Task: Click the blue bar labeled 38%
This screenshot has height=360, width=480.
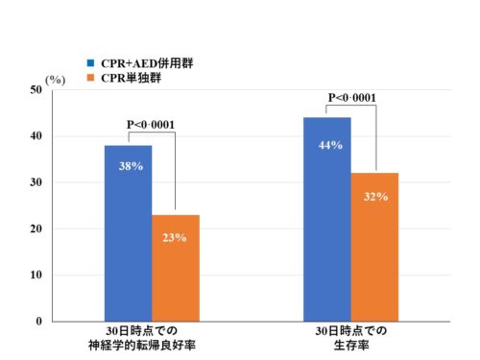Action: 128,240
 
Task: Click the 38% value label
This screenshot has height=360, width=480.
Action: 130,166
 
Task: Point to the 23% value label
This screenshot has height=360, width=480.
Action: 175,237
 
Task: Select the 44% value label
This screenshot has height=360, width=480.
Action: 327,145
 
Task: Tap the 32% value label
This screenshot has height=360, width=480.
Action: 375,197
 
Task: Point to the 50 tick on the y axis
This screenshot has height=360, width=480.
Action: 35,89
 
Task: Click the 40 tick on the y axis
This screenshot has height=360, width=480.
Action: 35,136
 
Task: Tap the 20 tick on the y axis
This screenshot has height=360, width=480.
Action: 35,229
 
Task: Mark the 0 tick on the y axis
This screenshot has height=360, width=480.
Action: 38,322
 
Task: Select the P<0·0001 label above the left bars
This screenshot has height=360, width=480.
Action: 152,124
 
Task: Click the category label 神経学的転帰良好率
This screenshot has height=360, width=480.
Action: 152,345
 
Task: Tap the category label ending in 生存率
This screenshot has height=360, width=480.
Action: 351,345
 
